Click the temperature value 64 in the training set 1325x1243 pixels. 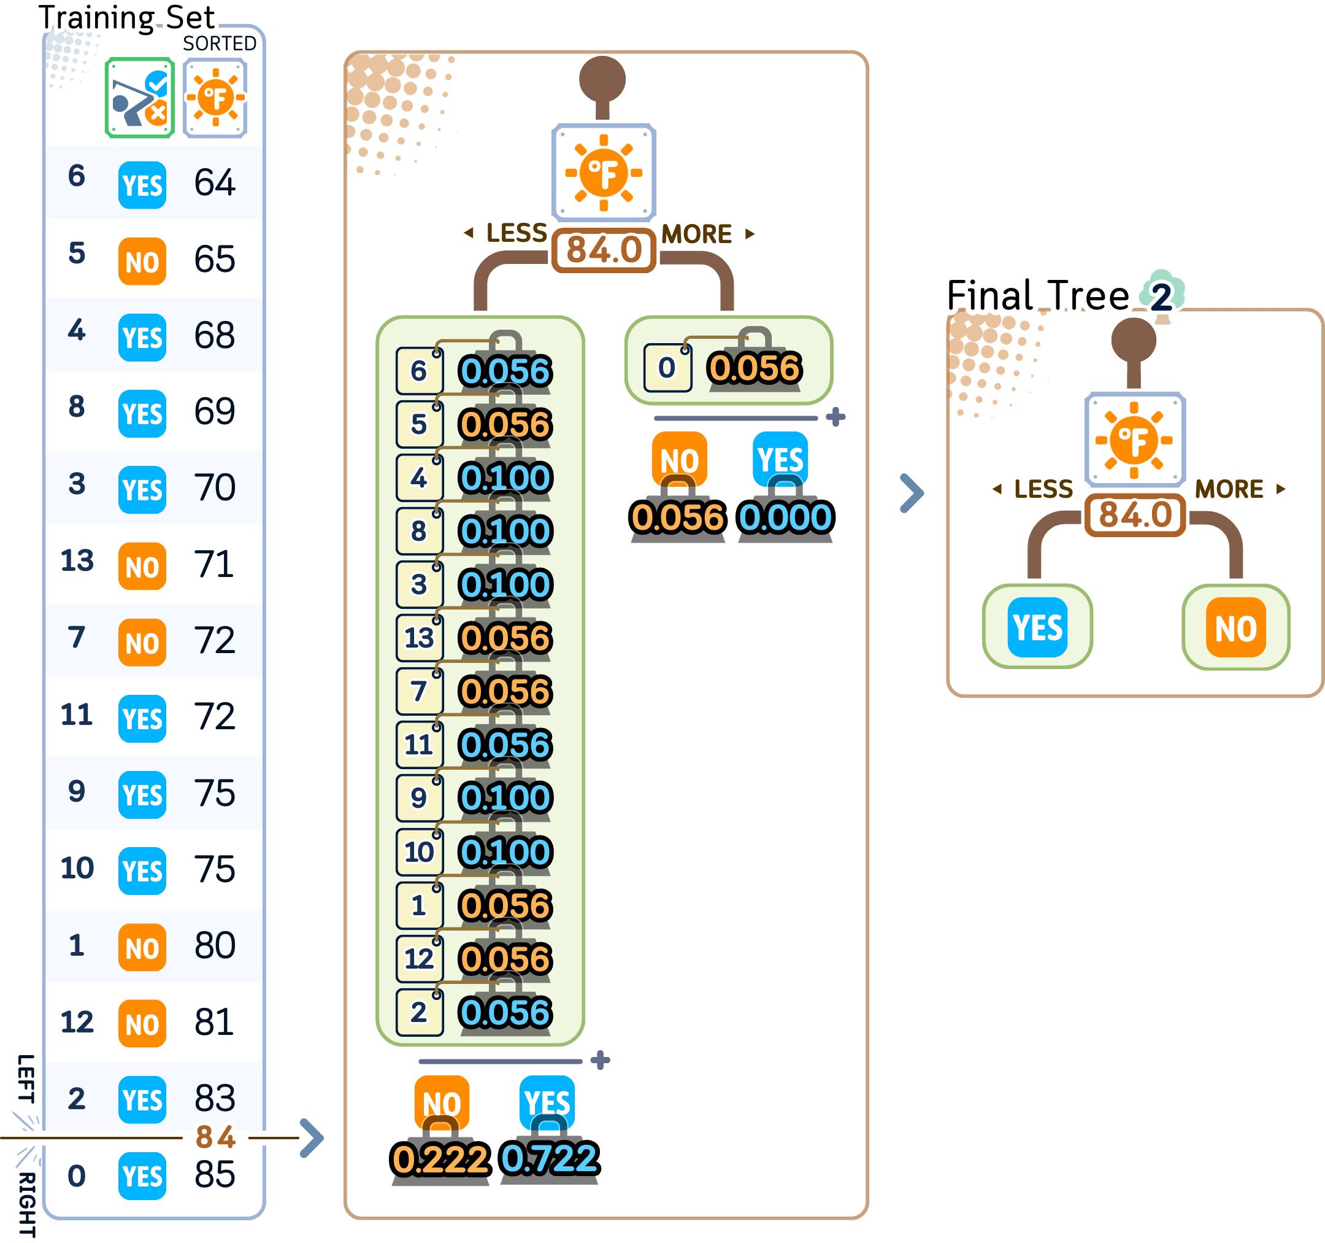[x=214, y=183]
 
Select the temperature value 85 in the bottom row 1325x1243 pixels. [x=214, y=1174]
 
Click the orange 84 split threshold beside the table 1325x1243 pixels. [x=215, y=1137]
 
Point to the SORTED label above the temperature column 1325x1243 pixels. [x=219, y=44]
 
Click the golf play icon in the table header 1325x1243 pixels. [x=140, y=98]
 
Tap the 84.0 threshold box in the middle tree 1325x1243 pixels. [x=604, y=250]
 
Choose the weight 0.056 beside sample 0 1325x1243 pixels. [x=754, y=368]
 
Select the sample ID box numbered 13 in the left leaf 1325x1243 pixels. [x=418, y=638]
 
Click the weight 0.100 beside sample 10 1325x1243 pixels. [x=505, y=852]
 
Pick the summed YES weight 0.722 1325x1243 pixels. [x=550, y=1158]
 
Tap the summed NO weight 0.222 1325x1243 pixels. [x=440, y=1159]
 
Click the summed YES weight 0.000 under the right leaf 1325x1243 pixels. [x=786, y=517]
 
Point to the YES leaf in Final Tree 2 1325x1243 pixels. [x=1037, y=627]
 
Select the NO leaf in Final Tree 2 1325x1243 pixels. [x=1235, y=627]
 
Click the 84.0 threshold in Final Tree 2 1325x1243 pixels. [x=1135, y=515]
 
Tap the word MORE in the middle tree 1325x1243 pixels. [x=696, y=234]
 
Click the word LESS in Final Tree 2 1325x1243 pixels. [x=1043, y=489]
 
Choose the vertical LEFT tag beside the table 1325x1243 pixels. [x=25, y=1078]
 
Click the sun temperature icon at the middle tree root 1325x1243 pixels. [x=604, y=172]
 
